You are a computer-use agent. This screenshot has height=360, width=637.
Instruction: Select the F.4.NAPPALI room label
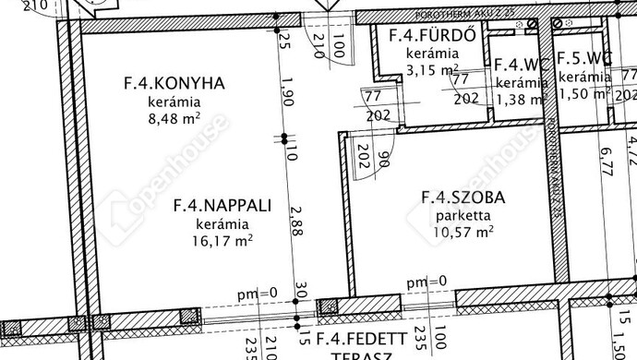point(222,205)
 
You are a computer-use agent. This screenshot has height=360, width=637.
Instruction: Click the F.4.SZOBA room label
point(463,197)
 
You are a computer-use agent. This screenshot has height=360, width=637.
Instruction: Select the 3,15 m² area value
point(432,68)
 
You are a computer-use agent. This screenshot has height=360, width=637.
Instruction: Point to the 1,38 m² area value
point(518,98)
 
